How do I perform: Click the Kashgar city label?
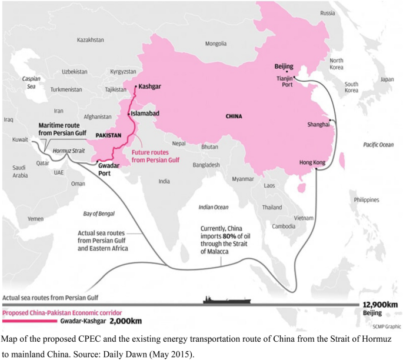pyautogui.click(x=150, y=86)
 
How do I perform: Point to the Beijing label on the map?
pyautogui.click(x=284, y=66)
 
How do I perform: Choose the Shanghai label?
pyautogui.click(x=318, y=124)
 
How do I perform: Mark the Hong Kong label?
pyautogui.click(x=313, y=162)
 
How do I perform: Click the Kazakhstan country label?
pyautogui.click(x=91, y=40)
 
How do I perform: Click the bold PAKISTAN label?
pyautogui.click(x=108, y=135)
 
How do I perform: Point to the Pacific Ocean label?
pyautogui.click(x=378, y=145)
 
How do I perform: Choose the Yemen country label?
pyautogui.click(x=36, y=219)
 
